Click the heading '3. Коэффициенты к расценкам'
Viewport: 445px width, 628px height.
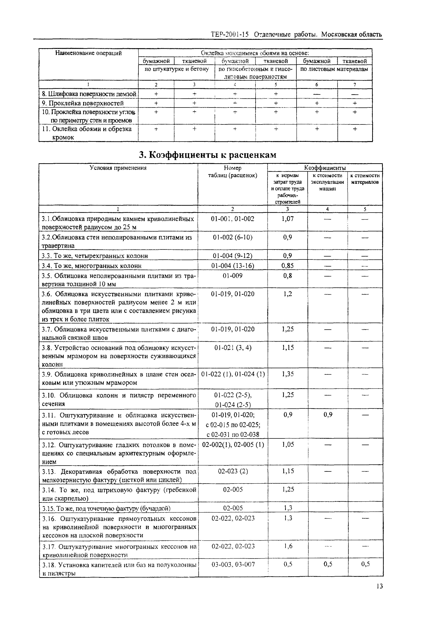click(208, 155)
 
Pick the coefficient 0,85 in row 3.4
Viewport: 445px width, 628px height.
click(287, 265)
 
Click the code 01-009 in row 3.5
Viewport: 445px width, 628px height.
click(232, 276)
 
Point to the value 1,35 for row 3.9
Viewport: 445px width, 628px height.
click(287, 374)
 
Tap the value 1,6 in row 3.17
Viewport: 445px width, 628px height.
click(288, 546)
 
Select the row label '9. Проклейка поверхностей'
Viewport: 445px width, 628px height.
click(83, 103)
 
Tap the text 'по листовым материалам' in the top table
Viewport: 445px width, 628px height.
click(334, 69)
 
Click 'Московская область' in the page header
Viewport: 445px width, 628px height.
click(352, 35)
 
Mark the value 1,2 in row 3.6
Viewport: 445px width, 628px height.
click(287, 294)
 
